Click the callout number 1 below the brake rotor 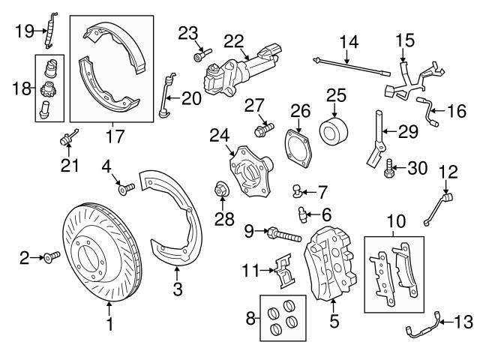(109, 325)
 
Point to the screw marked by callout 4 (124, 187)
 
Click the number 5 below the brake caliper (334, 322)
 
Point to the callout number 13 (463, 322)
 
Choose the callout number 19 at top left (25, 30)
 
